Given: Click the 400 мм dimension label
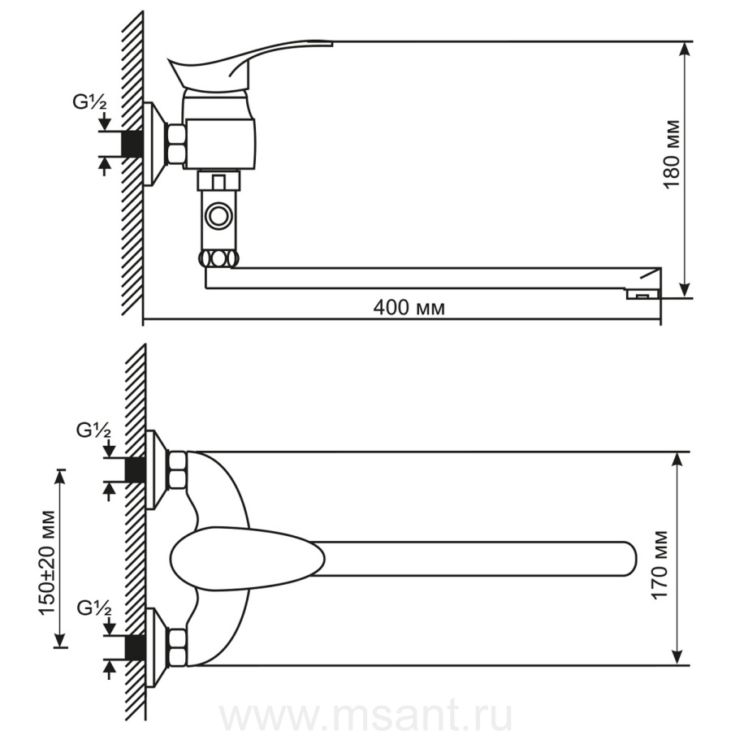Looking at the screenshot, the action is click(x=409, y=308).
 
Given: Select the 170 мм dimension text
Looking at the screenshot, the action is click(x=660, y=564).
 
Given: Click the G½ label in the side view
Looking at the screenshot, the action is click(x=89, y=102).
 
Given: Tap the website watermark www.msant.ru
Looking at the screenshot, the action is click(x=366, y=715).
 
